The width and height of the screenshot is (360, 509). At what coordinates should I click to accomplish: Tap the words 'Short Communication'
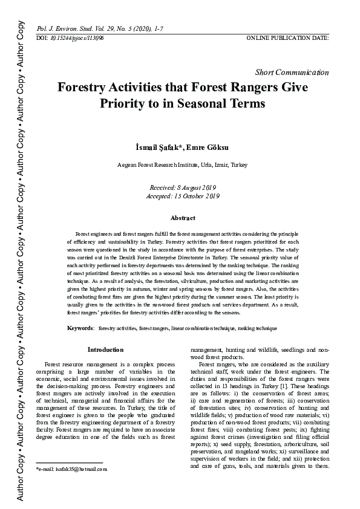(293, 72)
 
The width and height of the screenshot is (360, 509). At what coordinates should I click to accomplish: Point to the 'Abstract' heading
(183, 218)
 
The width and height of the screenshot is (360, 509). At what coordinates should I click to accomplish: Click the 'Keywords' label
(80, 327)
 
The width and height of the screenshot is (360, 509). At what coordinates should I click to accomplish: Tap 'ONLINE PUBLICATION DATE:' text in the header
(287, 37)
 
